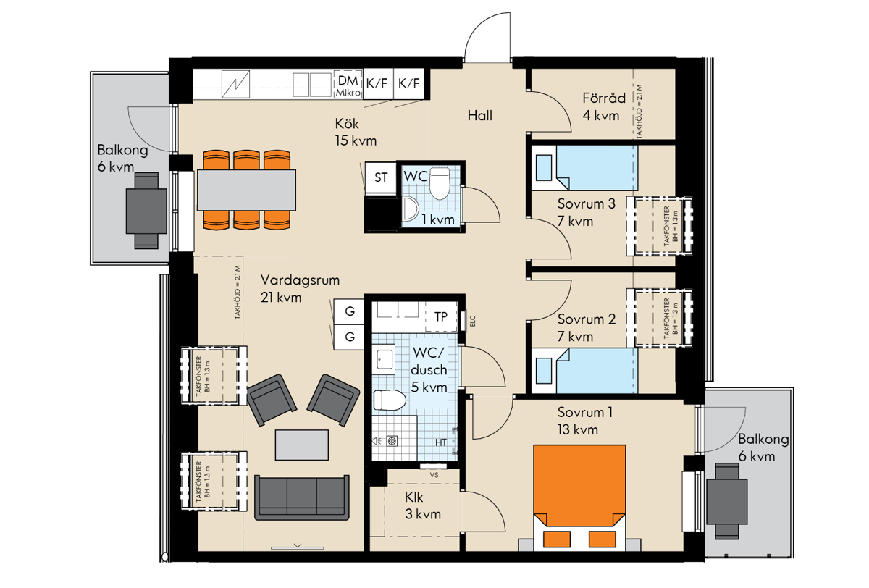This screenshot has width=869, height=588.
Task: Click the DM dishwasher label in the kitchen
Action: click(x=348, y=80)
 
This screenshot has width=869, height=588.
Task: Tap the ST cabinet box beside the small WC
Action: click(x=381, y=177)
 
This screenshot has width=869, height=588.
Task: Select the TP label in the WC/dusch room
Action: click(x=441, y=317)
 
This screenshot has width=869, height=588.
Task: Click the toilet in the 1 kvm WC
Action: click(x=440, y=183)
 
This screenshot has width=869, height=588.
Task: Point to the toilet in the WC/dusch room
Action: click(x=390, y=400)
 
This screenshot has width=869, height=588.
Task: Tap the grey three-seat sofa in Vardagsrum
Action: click(x=302, y=497)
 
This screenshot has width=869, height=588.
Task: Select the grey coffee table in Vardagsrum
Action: click(x=302, y=445)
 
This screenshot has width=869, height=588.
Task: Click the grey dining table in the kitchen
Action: click(x=246, y=190)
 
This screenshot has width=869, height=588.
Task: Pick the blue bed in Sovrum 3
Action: click(x=584, y=167)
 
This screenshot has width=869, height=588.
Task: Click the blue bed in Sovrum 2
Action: click(x=584, y=371)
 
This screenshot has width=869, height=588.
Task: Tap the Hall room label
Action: click(x=480, y=116)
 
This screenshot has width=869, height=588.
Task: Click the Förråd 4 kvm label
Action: click(x=604, y=106)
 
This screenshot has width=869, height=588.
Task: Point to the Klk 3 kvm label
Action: click(x=423, y=505)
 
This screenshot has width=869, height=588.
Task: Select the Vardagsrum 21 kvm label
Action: click(x=300, y=289)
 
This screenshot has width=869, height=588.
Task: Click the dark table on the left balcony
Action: click(x=146, y=211)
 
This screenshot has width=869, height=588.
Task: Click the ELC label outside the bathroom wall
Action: click(x=472, y=321)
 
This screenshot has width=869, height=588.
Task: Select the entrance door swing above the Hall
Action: click(x=487, y=37)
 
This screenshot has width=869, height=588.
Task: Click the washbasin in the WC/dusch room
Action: click(x=384, y=359)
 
